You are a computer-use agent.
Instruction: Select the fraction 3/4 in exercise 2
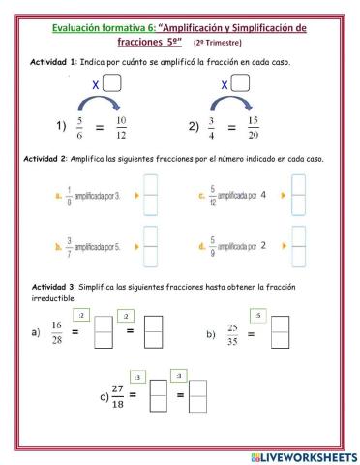click(223, 125)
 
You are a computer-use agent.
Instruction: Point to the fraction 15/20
click(281, 125)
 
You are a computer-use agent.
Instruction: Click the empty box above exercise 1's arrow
click(114, 83)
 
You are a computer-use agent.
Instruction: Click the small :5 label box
click(256, 316)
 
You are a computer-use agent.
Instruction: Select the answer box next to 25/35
click(281, 334)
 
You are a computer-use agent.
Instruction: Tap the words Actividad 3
click(54, 288)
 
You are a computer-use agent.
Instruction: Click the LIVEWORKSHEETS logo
click(302, 454)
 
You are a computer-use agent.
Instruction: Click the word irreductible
click(55, 299)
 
